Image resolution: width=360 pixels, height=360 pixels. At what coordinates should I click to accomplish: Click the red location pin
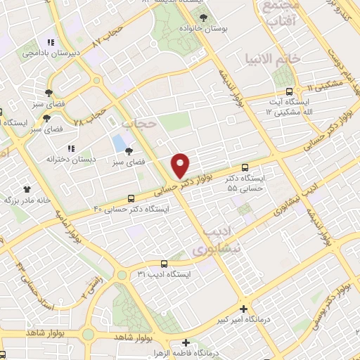coord(181,164)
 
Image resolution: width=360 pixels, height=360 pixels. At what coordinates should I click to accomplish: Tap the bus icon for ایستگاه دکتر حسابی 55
coord(245,167)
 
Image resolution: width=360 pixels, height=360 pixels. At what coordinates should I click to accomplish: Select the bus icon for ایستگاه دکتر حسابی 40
coord(131,200)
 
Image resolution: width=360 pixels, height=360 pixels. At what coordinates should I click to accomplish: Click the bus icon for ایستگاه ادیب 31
coord(163,263)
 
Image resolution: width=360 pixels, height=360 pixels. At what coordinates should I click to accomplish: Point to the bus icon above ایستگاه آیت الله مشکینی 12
coord(289,91)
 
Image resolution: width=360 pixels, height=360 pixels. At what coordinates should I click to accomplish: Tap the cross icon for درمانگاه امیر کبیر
coord(244,309)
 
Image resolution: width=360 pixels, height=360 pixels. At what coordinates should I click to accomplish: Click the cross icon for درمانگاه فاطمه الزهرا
coord(186,343)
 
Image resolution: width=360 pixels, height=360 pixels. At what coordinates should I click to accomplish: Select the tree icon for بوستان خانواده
coord(204,17)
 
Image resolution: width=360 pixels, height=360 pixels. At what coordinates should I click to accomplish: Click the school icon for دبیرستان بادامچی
coord(49,41)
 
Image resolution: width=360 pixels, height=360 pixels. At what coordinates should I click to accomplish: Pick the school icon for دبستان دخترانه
coord(70,148)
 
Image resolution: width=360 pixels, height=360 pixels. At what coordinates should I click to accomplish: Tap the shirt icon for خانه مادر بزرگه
coord(27,189)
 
